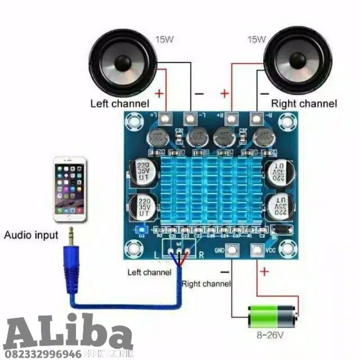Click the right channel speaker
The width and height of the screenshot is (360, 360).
click(x=298, y=60)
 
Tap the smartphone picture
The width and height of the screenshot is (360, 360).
click(x=69, y=189)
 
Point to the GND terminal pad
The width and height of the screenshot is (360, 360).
click(x=232, y=250)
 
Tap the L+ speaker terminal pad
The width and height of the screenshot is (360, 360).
click(x=166, y=119)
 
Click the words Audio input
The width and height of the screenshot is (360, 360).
click(x=31, y=235)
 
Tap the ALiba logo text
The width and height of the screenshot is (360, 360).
click(x=67, y=331)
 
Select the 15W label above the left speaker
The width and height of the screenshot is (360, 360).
click(x=164, y=39)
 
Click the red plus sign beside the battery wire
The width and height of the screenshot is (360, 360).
click(x=264, y=271)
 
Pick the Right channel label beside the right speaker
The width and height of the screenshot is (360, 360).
click(x=304, y=104)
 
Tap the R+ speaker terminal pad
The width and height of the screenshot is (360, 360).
click(x=231, y=119)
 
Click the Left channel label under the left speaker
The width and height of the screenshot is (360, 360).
click(x=120, y=104)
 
